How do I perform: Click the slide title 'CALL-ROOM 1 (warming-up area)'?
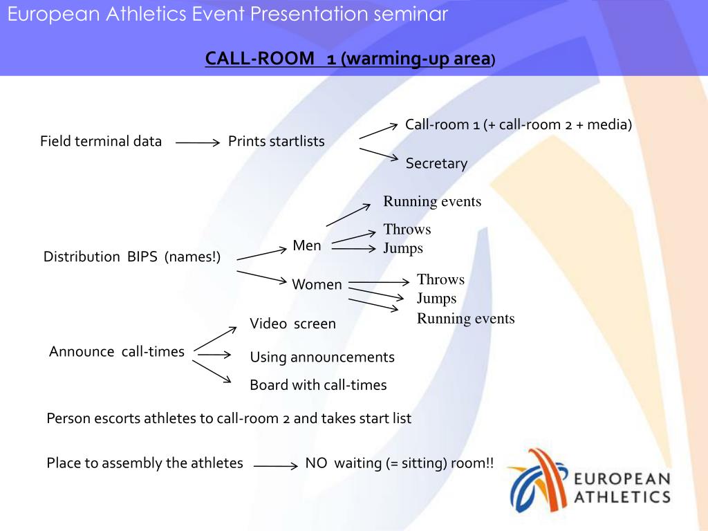click(350, 59)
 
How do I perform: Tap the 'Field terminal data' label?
click(101, 142)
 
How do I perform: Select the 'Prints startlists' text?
click(277, 142)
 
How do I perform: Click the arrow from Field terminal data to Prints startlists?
click(197, 143)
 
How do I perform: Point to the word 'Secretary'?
click(436, 164)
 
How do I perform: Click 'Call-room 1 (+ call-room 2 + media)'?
click(519, 125)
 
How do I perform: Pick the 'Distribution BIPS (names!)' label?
click(132, 257)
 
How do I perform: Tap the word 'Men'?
click(307, 245)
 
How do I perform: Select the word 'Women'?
click(317, 285)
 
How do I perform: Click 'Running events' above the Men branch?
click(432, 202)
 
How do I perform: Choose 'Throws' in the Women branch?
click(440, 280)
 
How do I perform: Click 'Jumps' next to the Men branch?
click(403, 248)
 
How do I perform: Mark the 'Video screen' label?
click(292, 324)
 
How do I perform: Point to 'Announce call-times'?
click(117, 352)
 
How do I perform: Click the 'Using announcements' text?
click(322, 357)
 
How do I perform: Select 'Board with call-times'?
click(318, 385)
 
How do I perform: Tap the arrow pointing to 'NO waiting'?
click(275, 466)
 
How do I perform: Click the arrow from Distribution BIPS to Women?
click(261, 277)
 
